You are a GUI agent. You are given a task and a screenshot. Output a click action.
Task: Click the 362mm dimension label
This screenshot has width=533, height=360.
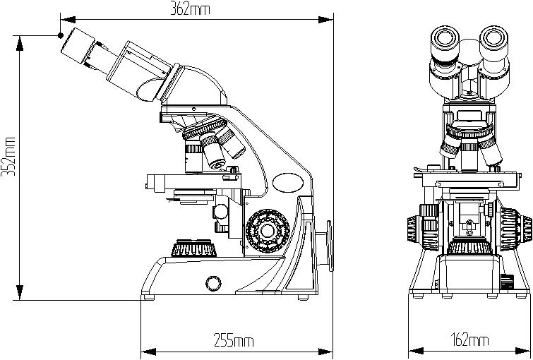(191, 8)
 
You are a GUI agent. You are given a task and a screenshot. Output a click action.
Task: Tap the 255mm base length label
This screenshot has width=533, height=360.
(233, 342)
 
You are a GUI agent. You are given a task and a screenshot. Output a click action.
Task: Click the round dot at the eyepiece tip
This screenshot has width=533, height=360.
(61, 35)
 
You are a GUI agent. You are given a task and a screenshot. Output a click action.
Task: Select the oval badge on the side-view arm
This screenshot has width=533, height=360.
(288, 182)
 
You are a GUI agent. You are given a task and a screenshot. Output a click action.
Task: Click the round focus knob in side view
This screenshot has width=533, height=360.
(268, 231)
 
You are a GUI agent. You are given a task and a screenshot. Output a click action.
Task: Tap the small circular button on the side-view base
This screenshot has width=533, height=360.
(212, 284)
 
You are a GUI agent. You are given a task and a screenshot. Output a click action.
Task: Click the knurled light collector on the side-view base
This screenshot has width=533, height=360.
(193, 248)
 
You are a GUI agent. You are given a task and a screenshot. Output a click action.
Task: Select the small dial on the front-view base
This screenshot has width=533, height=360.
(506, 282)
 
